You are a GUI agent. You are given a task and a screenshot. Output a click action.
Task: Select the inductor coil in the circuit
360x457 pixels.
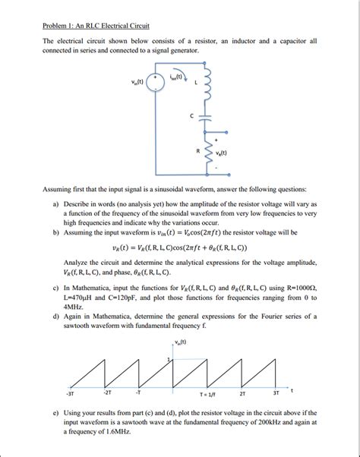(203, 83)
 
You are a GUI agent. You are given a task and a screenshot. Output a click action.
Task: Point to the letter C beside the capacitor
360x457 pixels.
(191, 116)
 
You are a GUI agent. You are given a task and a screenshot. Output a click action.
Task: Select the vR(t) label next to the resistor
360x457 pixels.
(222, 152)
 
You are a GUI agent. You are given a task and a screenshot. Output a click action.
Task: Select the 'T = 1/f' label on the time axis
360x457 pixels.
(209, 395)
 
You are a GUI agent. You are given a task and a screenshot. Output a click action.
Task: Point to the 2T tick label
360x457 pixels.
(243, 394)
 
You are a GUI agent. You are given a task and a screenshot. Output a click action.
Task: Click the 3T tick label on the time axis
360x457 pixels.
(276, 393)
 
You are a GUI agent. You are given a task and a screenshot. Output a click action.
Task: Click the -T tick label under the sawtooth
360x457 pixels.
(137, 393)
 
